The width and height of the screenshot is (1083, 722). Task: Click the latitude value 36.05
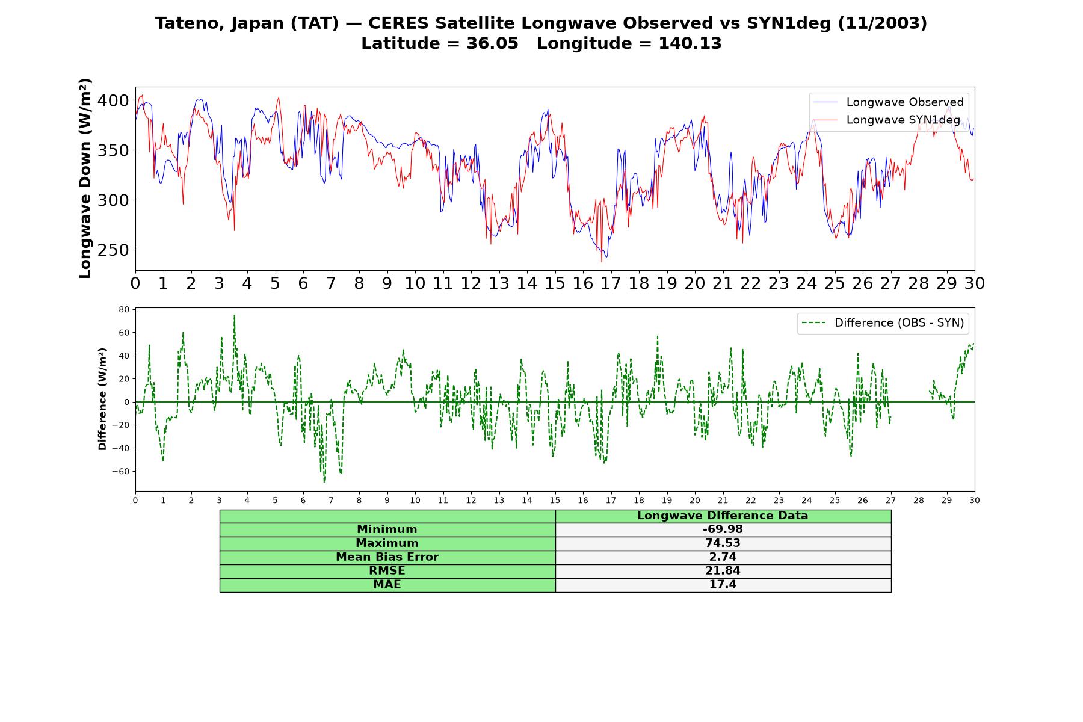tap(492, 43)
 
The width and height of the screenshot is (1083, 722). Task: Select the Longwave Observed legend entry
tap(889, 102)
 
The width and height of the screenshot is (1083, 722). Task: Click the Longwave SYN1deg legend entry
tap(887, 120)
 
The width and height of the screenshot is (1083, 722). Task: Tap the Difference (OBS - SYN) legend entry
tap(883, 323)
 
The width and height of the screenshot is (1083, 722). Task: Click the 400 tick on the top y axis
tap(113, 100)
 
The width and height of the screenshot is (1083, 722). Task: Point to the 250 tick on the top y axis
tap(113, 250)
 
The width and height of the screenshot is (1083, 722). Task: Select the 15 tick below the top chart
tap(555, 283)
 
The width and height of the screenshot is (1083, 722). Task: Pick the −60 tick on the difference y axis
tap(121, 471)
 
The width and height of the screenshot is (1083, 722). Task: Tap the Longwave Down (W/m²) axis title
tap(85, 178)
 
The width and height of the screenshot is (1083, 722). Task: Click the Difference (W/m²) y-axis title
tap(102, 399)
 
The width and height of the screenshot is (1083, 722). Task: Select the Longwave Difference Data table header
tap(723, 516)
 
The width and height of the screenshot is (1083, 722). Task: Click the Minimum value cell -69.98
tap(723, 529)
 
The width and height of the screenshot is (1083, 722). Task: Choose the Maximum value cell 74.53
tap(723, 543)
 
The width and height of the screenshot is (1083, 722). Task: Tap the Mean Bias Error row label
tap(387, 557)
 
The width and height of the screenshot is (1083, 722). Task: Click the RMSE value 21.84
tap(723, 571)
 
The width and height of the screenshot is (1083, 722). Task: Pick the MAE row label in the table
tap(387, 585)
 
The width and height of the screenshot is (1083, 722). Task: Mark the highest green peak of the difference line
tap(234, 315)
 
